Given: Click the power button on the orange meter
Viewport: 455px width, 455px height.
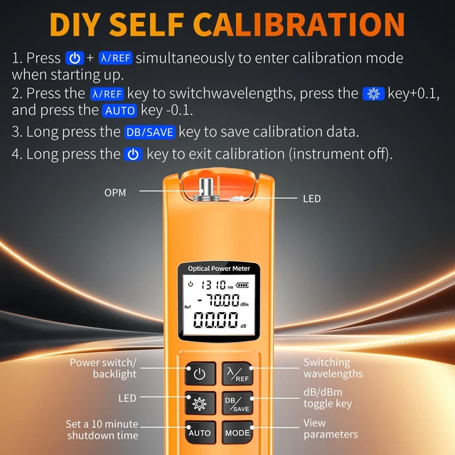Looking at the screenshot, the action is coord(200,373).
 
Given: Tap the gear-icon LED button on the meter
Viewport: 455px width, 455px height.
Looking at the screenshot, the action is coord(200,403).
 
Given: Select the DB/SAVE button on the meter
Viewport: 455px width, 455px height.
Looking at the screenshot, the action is coord(237,403).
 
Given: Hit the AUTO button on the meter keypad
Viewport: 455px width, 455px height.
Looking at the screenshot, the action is coord(200,432).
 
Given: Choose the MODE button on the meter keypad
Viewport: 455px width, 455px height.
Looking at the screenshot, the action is coord(237,432).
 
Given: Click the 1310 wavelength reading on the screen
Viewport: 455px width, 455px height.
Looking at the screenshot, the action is coord(213,285).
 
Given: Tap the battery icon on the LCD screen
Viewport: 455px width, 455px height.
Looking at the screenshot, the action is coord(242,285).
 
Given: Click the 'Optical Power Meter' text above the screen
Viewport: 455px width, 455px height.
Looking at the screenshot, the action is coord(219,269).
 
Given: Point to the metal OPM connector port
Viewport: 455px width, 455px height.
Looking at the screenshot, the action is coord(206,189).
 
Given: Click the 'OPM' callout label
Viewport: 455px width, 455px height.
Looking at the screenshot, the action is coord(115,193).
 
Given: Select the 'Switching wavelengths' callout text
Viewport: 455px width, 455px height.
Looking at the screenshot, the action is coord(333,368).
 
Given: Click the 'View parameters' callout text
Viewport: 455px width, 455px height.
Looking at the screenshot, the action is coord(331,429).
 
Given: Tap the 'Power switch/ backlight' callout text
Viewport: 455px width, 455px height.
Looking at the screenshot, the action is coord(103,368).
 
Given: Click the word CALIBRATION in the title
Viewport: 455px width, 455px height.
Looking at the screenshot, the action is coord(299,25).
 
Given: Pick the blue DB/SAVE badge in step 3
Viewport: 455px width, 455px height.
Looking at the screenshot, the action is coord(150,132).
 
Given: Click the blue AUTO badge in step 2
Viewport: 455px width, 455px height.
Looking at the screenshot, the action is coord(119,111).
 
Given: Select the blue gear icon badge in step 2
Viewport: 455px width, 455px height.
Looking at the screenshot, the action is coord(373,94).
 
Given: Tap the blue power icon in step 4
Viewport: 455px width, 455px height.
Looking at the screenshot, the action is coord(133,154).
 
